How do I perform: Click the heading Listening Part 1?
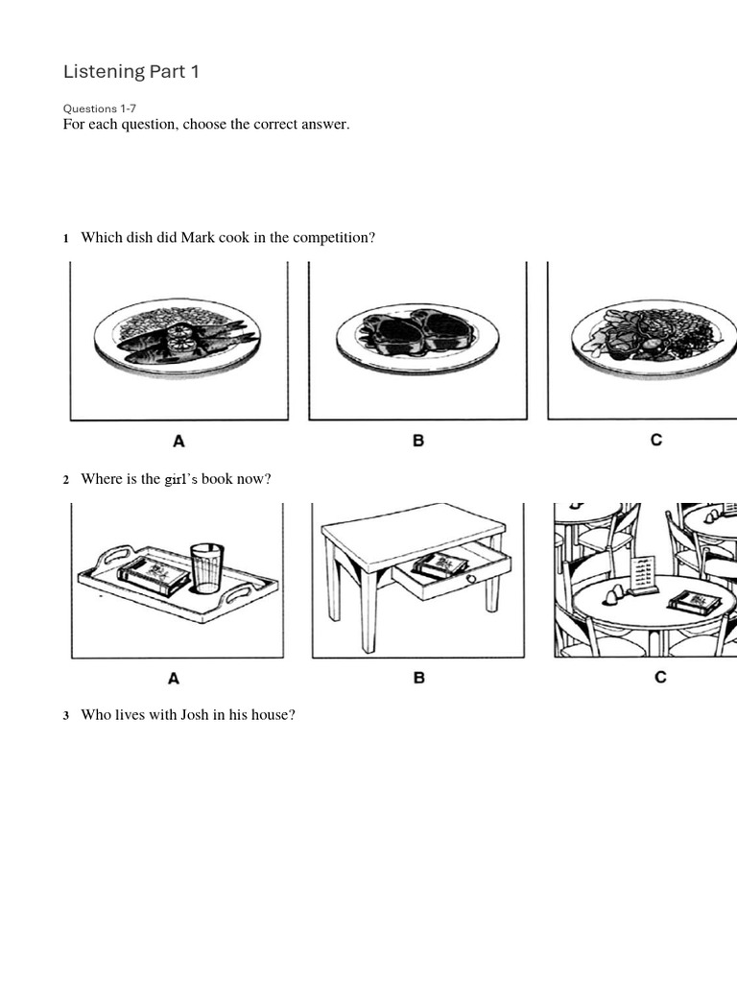[x=131, y=72]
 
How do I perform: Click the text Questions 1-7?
[x=100, y=108]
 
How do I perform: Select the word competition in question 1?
[x=330, y=237]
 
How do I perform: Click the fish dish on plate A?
[x=182, y=341]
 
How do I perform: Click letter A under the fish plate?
[x=178, y=442]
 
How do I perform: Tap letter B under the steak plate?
[x=418, y=442]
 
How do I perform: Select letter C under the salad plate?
[x=656, y=441]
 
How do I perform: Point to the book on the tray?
[x=154, y=576]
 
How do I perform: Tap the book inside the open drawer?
[x=440, y=565]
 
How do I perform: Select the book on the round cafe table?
[x=694, y=602]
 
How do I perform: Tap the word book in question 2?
[x=217, y=479]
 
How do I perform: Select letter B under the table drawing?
[x=419, y=678]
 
